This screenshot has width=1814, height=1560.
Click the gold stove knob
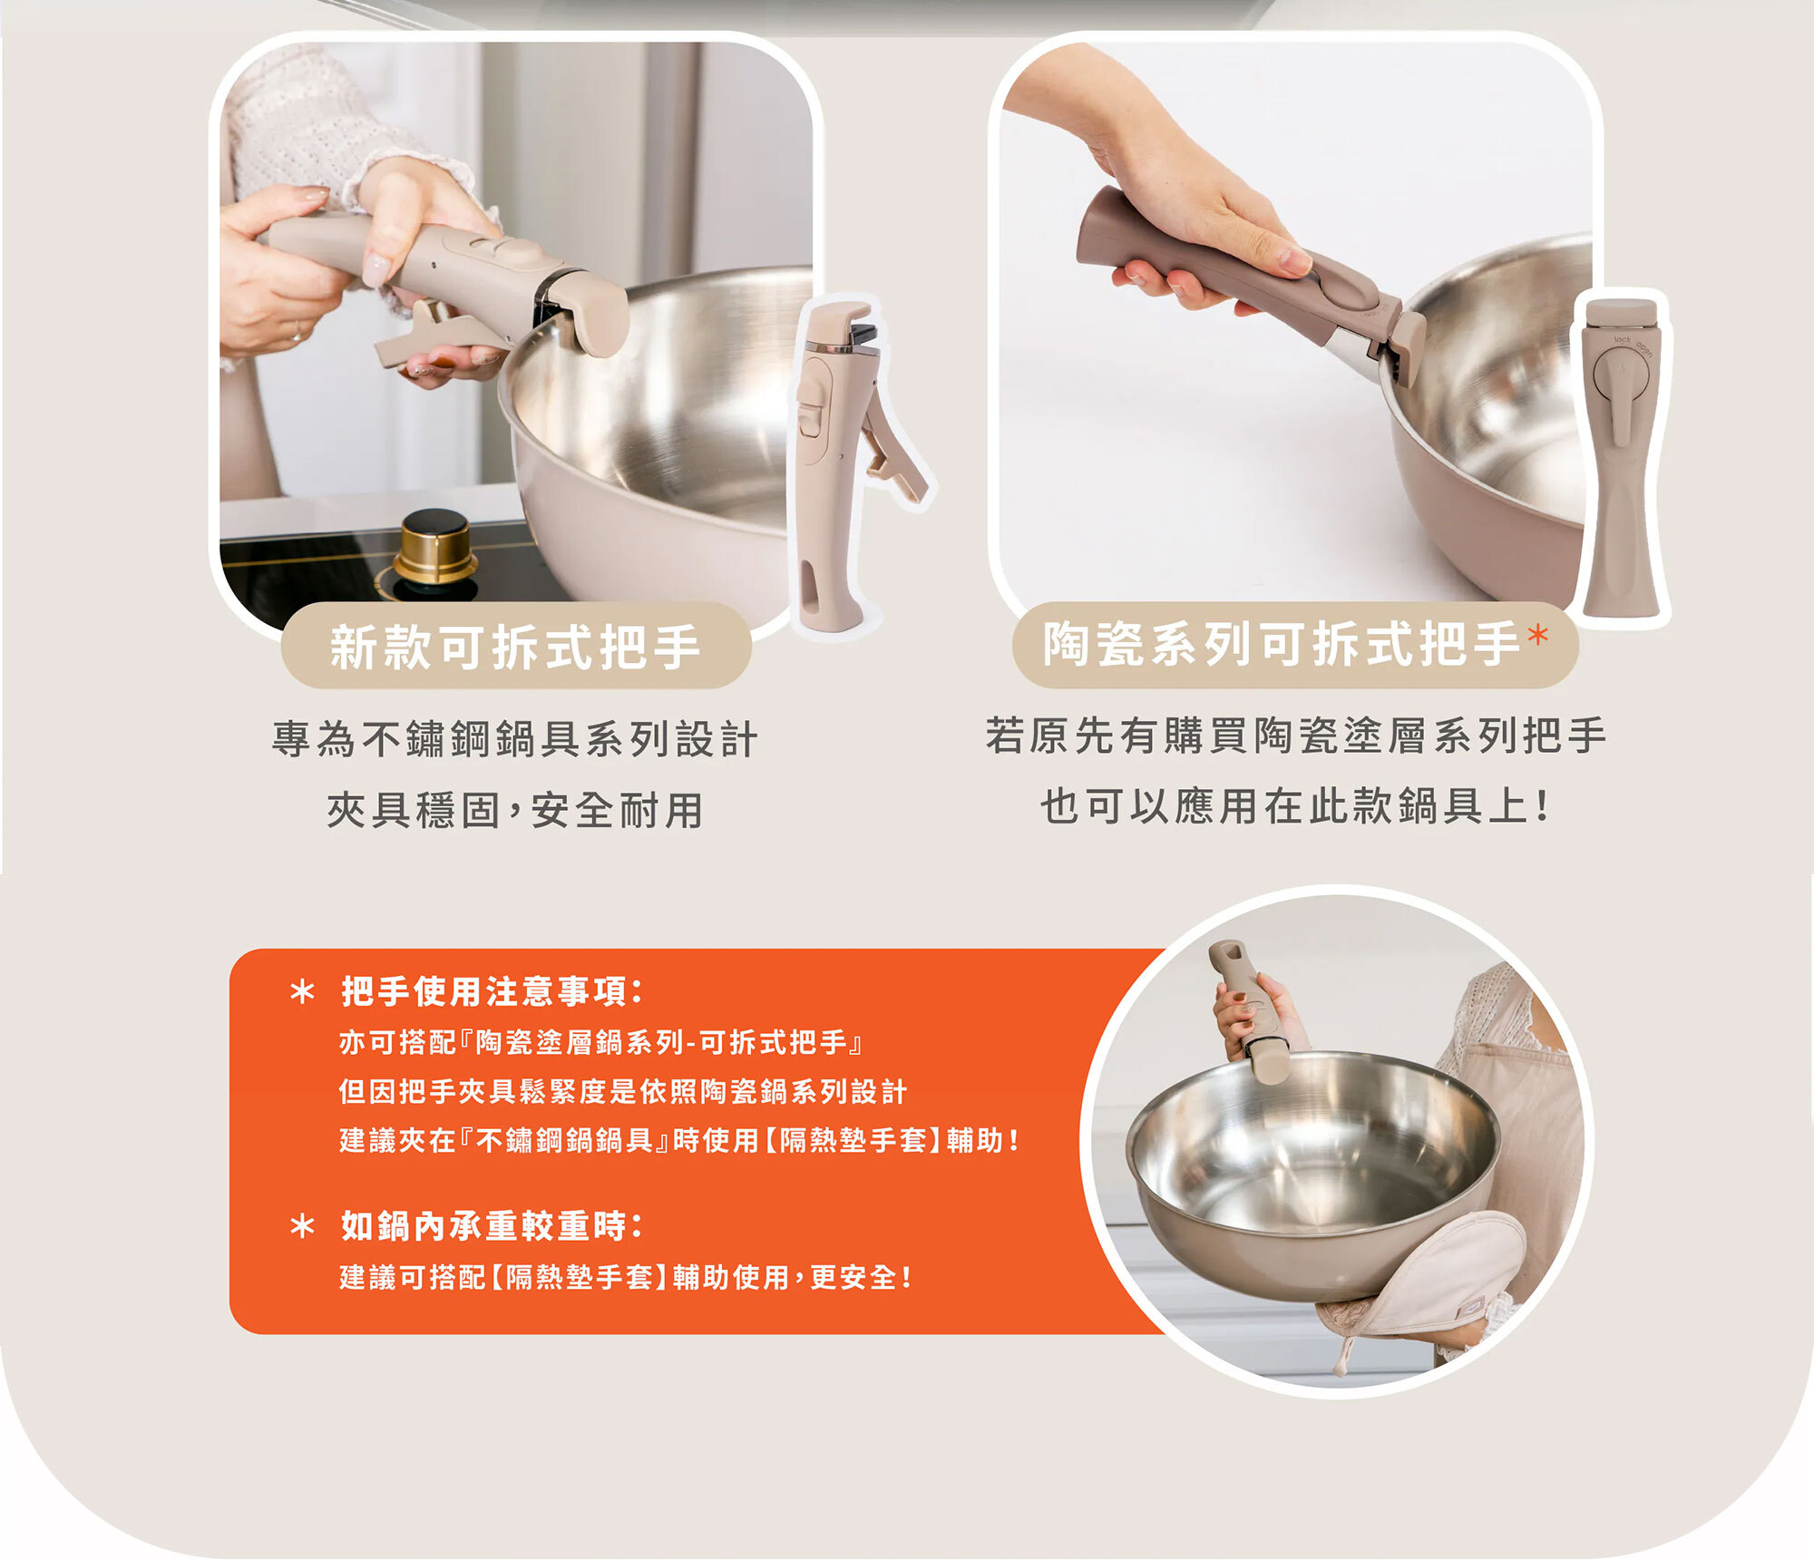434,548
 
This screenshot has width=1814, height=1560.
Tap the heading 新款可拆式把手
515,648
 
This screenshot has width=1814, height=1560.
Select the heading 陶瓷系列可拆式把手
1282,644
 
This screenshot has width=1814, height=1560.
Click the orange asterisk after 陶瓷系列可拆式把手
1537,635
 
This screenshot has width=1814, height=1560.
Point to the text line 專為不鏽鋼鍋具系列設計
514,739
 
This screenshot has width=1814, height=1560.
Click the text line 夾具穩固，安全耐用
514,810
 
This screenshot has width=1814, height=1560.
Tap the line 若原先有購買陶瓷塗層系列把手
1296,736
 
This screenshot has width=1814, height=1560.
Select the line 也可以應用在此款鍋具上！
1294,806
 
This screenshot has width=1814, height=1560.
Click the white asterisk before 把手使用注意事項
302,991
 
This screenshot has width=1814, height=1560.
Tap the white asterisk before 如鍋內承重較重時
302,1227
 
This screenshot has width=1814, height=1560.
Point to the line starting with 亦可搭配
600,1043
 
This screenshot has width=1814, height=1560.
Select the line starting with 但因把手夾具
623,1092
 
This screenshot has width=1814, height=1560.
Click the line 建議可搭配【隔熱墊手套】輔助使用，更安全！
626,1277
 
